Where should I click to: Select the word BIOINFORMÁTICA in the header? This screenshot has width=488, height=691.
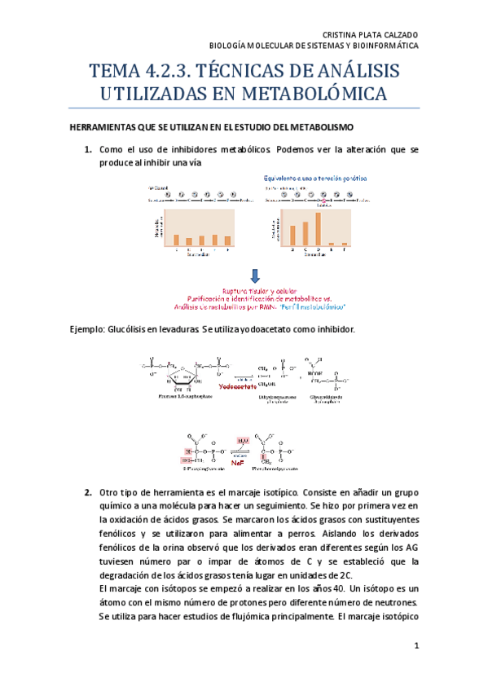[385, 46]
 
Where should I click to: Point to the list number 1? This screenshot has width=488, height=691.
[88, 150]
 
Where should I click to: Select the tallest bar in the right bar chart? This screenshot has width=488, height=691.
[317, 229]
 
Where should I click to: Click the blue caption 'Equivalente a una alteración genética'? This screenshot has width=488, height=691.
[320, 176]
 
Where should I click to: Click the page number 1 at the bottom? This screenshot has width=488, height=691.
[415, 645]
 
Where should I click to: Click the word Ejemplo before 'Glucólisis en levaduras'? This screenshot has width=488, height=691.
[88, 328]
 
